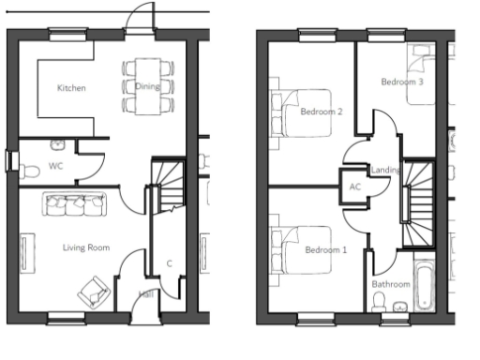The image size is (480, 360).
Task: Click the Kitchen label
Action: (71, 88)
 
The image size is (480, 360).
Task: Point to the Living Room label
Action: (86, 247)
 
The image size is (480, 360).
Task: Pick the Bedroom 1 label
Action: (325, 250)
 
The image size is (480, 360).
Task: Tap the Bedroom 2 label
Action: (322, 112)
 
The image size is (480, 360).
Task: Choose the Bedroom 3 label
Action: (402, 82)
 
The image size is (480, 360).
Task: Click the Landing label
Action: (386, 170)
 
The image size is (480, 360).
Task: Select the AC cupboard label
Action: (354, 187)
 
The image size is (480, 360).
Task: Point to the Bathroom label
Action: (391, 283)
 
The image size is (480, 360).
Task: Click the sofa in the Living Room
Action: (72, 203)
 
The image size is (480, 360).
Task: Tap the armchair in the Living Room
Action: (94, 291)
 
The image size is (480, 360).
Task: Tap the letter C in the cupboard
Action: (169, 262)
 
